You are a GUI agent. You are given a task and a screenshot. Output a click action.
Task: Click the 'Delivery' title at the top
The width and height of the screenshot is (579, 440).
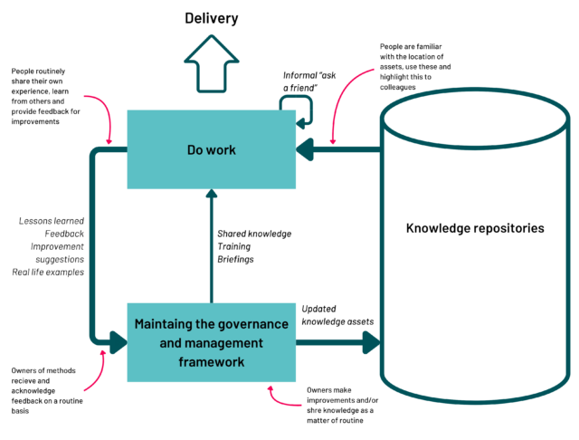(212, 17)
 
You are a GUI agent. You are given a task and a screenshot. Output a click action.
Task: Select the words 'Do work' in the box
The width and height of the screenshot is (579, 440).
(212, 149)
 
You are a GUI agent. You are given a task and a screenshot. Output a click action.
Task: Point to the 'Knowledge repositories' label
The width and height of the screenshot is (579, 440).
(475, 228)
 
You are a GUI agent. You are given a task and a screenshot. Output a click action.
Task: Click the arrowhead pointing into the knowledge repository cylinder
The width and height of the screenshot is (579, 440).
(372, 342)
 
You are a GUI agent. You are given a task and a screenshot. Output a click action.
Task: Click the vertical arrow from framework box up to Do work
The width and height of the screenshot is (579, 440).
(211, 244)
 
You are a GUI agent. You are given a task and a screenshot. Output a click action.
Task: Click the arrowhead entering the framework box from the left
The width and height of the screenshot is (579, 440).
(119, 342)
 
